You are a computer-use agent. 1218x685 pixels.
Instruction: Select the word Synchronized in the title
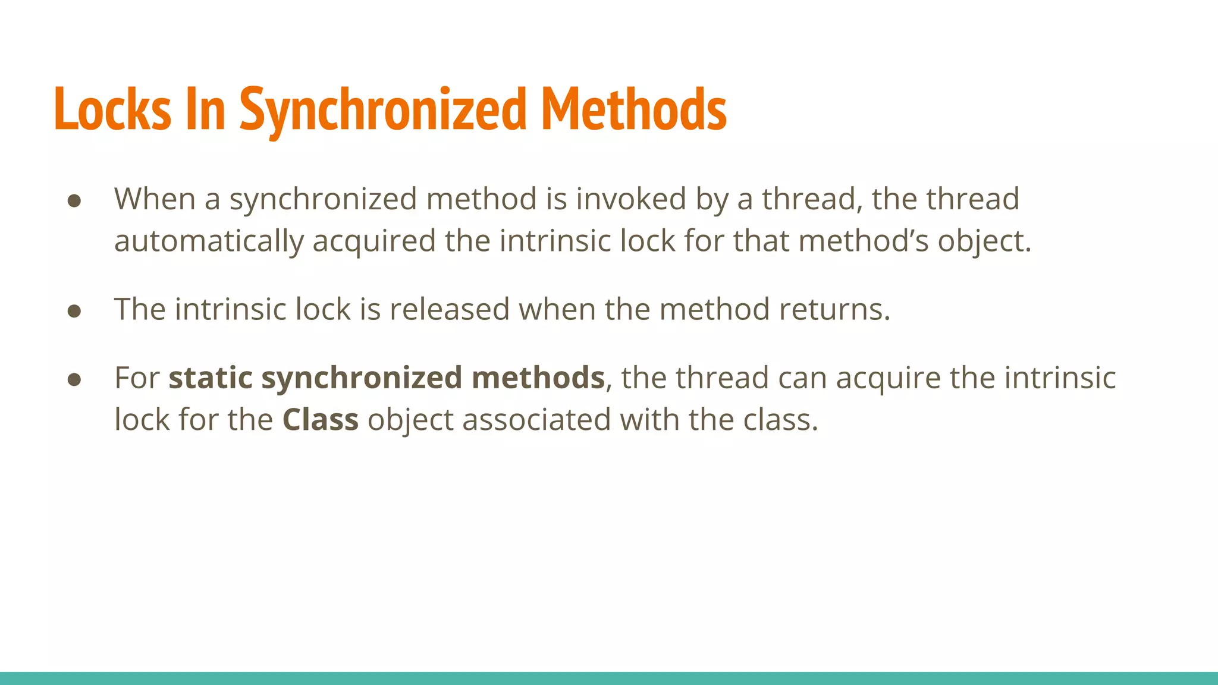click(x=383, y=111)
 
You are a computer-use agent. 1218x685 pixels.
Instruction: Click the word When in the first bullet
click(x=155, y=199)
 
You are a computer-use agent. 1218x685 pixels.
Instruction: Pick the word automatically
click(x=209, y=241)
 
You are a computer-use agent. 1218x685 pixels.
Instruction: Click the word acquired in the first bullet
click(x=374, y=241)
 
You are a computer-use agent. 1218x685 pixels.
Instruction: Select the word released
click(x=450, y=309)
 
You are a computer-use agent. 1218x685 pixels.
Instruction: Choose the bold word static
click(x=211, y=378)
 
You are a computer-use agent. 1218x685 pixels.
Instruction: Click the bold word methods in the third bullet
click(x=538, y=378)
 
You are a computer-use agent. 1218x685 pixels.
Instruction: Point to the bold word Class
click(x=321, y=420)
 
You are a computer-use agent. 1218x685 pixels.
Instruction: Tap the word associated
click(x=537, y=420)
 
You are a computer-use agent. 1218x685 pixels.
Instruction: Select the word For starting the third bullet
click(x=137, y=378)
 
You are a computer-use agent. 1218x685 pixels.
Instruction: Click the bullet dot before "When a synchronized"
click(x=74, y=200)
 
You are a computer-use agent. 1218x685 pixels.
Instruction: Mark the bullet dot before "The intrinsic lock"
click(x=74, y=311)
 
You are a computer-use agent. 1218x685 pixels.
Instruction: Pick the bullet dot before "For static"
click(x=74, y=379)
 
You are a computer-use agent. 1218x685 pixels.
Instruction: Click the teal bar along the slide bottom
click(x=609, y=678)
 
